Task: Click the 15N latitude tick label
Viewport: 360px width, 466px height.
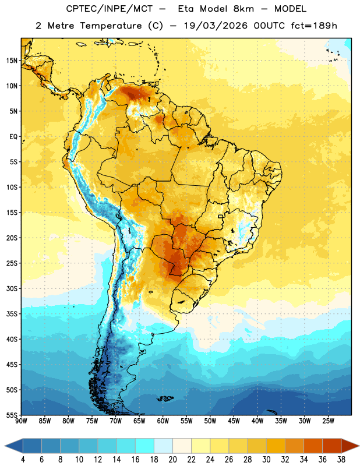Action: click(12, 61)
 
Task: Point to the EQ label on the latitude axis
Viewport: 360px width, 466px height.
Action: click(13, 137)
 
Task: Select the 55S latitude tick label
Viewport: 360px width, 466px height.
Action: click(12, 415)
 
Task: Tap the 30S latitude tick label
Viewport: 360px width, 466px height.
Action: click(12, 288)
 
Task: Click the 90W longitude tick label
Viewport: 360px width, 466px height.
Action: click(22, 421)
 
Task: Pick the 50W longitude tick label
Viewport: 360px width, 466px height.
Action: click(210, 421)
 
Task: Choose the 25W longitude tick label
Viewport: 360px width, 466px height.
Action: click(328, 421)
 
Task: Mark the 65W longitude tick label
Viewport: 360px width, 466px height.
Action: click(139, 421)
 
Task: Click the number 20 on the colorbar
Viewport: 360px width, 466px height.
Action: click(172, 460)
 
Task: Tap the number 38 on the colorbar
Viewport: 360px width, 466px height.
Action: click(341, 460)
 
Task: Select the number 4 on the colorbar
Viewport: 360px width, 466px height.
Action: click(23, 460)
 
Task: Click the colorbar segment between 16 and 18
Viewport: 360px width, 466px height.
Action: click(145, 446)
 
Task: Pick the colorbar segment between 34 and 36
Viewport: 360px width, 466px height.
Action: click(313, 446)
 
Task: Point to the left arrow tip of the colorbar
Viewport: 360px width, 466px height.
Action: click(5, 446)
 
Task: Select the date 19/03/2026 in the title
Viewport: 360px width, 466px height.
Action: click(216, 26)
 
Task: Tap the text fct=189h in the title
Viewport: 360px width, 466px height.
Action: click(314, 26)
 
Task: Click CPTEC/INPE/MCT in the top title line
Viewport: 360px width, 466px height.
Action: click(110, 9)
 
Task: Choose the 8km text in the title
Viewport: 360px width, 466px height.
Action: click(243, 9)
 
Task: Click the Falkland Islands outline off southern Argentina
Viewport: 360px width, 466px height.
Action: click(165, 398)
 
